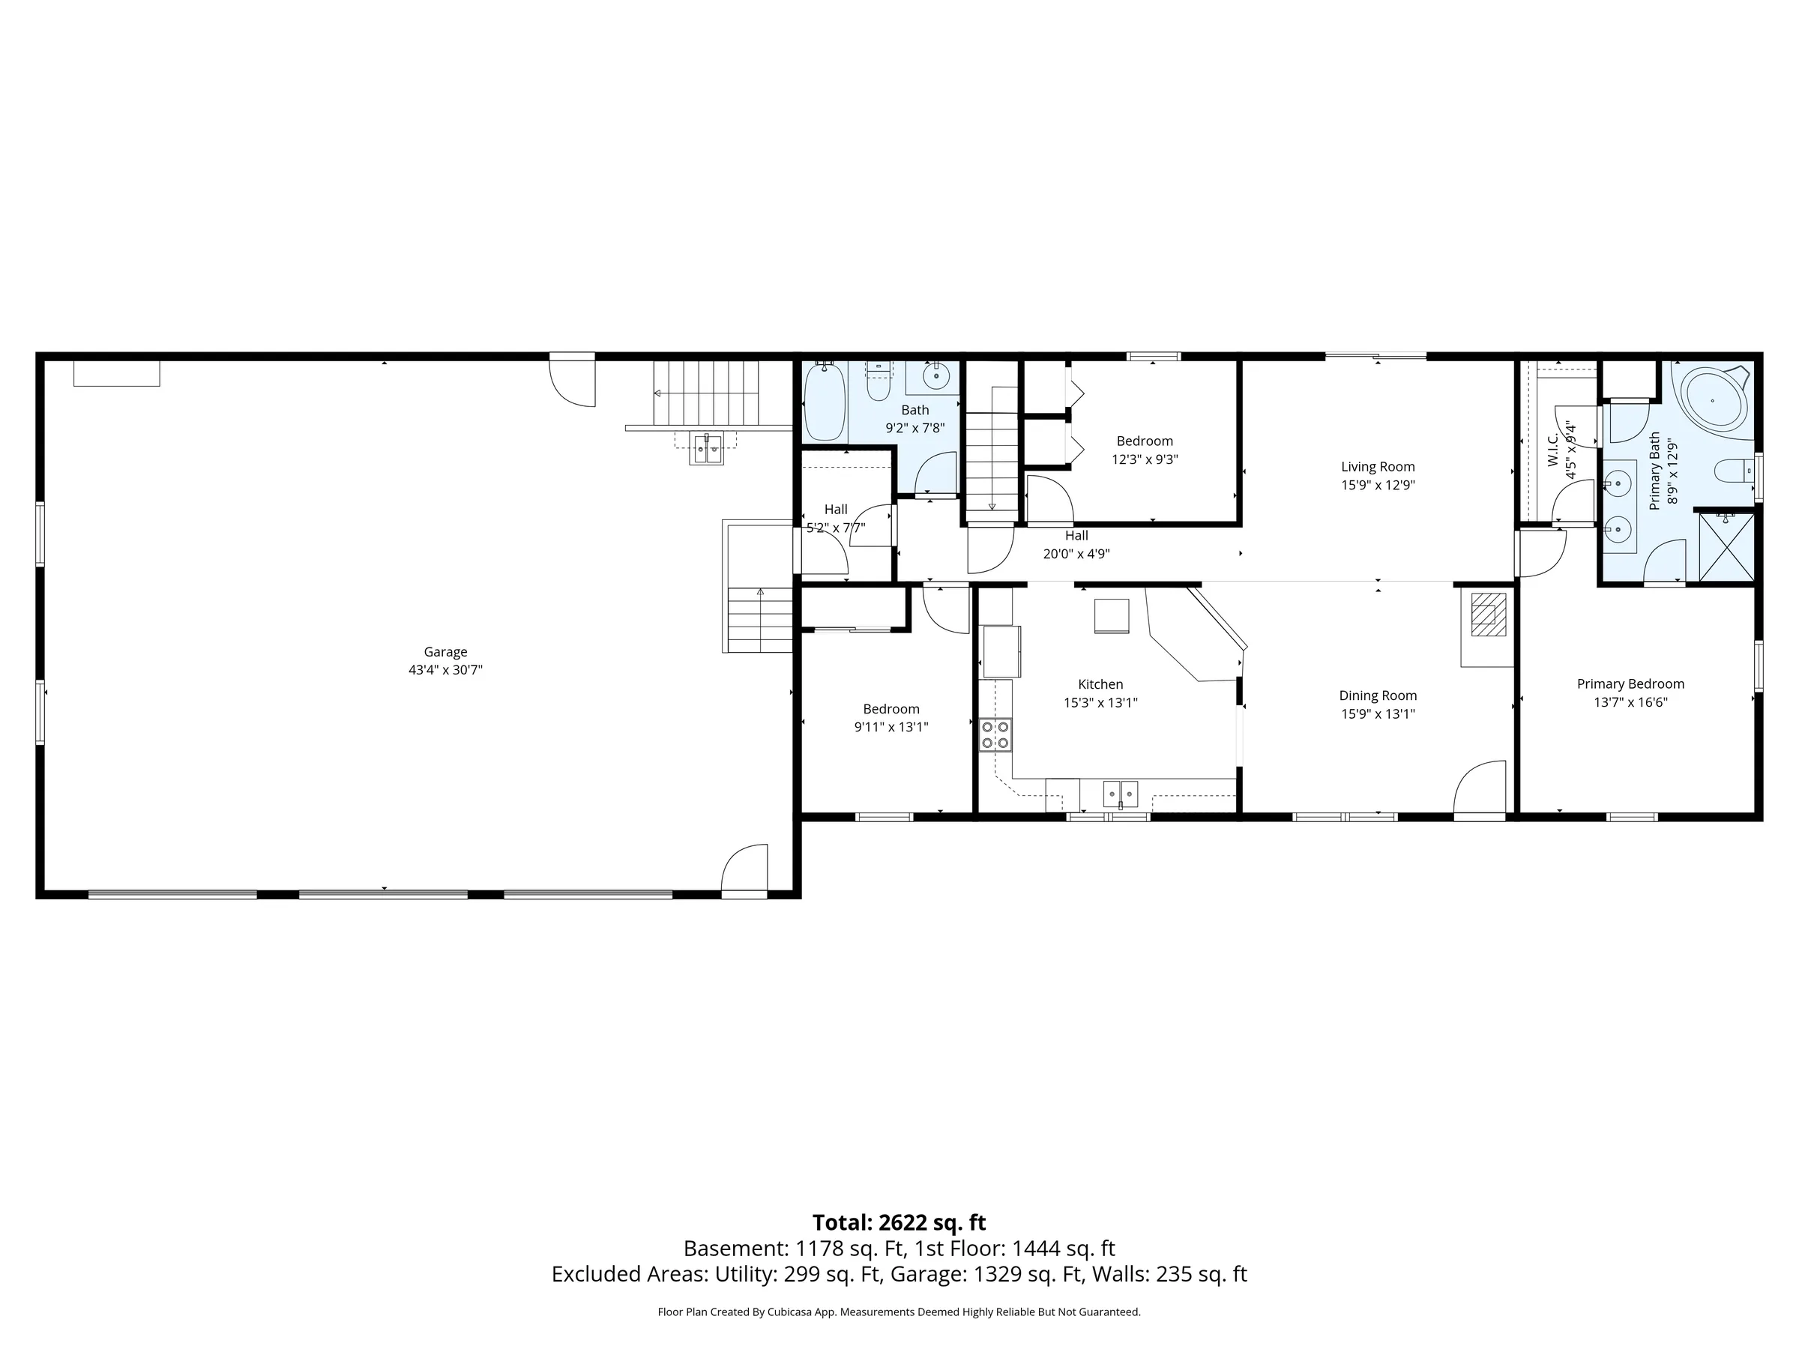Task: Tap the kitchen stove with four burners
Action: [x=995, y=734]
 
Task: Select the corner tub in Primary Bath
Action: [x=1714, y=402]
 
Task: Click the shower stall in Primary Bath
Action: [x=1726, y=547]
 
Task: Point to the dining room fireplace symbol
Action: [x=1489, y=614]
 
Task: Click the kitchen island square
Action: [x=1111, y=615]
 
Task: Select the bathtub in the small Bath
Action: [x=824, y=402]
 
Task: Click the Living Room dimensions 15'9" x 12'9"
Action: [x=1378, y=486]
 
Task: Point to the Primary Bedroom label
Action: [x=1630, y=683]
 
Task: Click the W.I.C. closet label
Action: [x=1552, y=450]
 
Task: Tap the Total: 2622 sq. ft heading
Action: [x=899, y=1223]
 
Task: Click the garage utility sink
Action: [x=706, y=448]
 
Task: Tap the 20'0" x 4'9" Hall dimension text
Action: [x=1076, y=554]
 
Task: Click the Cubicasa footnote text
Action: [x=899, y=1312]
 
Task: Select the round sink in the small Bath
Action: [x=936, y=376]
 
